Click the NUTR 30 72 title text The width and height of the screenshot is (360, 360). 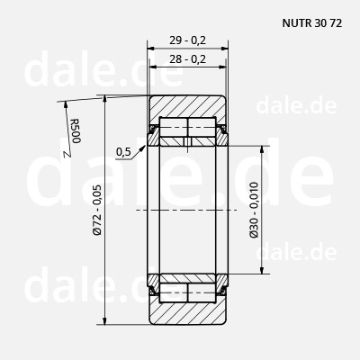pos(312,23)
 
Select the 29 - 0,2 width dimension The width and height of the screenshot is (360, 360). pos(188,40)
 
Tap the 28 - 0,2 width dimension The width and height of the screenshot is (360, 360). pos(188,59)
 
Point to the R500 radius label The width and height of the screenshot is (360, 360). pos(76,131)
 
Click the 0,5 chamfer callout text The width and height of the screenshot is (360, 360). pos(123,152)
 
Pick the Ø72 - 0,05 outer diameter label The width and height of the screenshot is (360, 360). pos(97,210)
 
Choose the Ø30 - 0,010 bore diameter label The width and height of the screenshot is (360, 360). pos(254,210)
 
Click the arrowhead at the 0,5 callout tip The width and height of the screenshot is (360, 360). pos(143,148)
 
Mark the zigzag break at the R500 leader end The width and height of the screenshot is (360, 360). pos(67,154)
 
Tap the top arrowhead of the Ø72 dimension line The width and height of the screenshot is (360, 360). pos(104,100)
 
